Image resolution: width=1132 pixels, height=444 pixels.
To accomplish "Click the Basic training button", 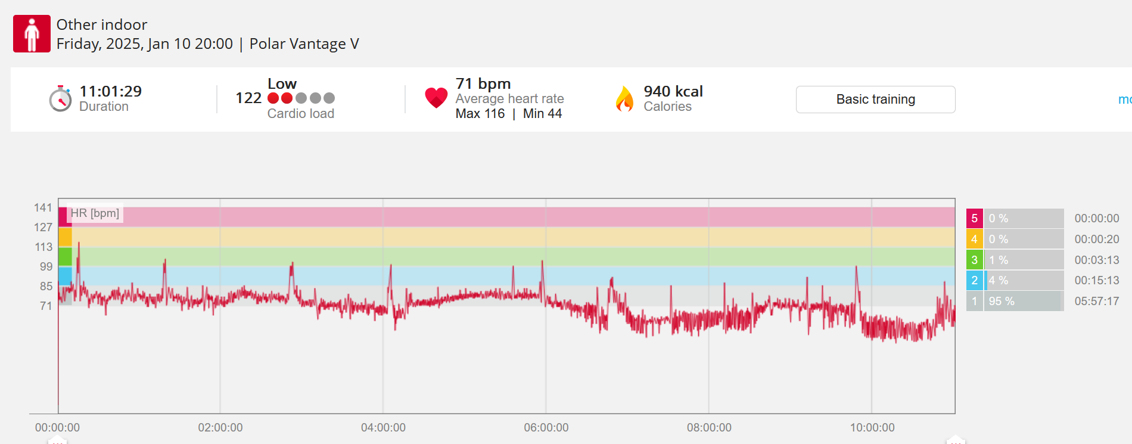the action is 875,100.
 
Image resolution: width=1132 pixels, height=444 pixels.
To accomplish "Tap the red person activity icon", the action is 32,34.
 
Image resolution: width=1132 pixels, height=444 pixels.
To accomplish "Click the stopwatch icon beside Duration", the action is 60,98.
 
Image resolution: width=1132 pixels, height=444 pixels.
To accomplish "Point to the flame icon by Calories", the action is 624,99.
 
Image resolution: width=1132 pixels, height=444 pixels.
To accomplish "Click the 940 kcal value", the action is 673,91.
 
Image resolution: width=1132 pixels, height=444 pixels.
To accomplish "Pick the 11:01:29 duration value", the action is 111,91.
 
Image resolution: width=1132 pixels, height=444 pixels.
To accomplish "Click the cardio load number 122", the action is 248,98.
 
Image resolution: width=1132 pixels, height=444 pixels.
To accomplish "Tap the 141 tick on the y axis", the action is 43,207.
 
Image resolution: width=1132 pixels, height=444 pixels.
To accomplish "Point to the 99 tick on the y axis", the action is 46,266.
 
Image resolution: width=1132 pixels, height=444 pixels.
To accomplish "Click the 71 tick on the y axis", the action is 46,306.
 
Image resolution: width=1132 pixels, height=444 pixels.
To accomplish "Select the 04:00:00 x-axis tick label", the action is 383,427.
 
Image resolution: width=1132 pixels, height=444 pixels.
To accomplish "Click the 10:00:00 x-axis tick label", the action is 872,427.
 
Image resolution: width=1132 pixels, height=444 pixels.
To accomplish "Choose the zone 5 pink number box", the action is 974,218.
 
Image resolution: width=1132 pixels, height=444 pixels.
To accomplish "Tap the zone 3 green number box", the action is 974,260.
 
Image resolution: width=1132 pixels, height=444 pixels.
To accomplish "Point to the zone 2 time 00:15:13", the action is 1097,280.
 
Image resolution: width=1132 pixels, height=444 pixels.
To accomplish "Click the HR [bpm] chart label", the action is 95,213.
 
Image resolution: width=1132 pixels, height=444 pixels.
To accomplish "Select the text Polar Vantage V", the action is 304,44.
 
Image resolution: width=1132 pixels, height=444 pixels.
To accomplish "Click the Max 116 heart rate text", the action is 480,113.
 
